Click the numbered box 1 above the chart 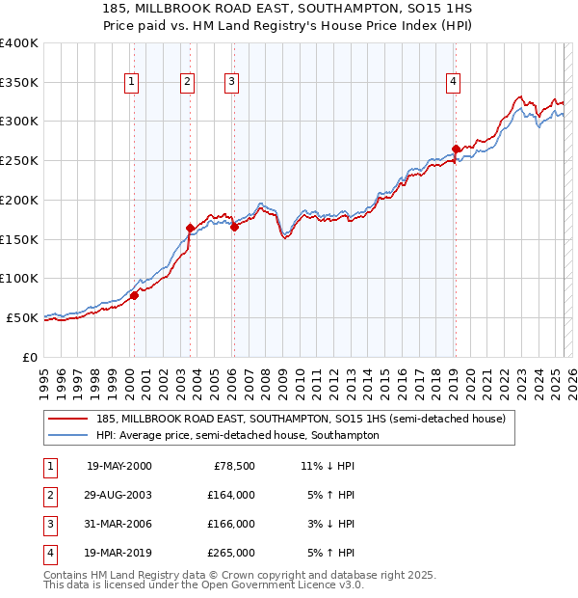131,82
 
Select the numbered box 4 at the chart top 453,82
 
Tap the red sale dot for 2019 456,149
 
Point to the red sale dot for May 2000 135,295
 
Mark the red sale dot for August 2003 190,228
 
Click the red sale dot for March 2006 234,227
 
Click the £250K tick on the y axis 19,160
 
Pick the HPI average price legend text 237,435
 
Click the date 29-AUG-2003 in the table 119,495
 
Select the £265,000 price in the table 231,553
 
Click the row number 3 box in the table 49,524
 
